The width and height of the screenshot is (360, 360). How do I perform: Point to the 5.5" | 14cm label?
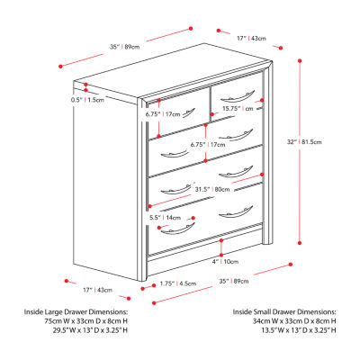pos(166,217)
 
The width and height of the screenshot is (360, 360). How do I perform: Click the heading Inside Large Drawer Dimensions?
pos(77,311)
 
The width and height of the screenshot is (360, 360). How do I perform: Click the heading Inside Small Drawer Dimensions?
pos(281,311)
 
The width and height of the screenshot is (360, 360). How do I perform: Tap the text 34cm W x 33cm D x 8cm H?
pos(281,321)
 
